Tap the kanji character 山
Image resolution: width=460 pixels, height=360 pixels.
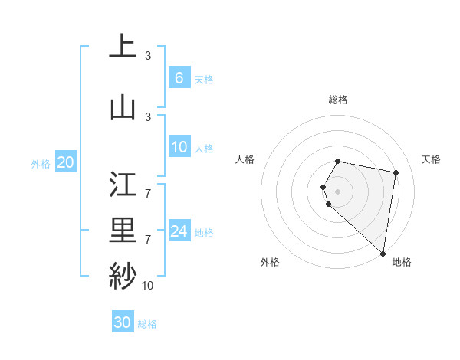pyautogui.click(x=123, y=106)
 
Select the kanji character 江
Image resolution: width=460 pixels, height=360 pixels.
pyautogui.click(x=123, y=183)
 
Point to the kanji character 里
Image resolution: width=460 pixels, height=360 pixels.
pyautogui.click(x=123, y=229)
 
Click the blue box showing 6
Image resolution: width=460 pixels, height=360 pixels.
pyautogui.click(x=179, y=78)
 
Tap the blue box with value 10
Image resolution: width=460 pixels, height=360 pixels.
pyautogui.click(x=179, y=148)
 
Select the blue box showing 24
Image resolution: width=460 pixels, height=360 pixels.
pyautogui.click(x=179, y=231)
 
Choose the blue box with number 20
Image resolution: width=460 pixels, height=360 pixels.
pyautogui.click(x=66, y=162)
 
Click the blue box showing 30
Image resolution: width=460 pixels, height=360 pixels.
pyautogui.click(x=122, y=322)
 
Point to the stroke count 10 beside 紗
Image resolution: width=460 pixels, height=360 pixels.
pyautogui.click(x=147, y=286)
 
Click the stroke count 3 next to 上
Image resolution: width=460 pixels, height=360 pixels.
pyautogui.click(x=148, y=56)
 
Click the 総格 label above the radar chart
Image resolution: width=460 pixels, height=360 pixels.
pyautogui.click(x=338, y=100)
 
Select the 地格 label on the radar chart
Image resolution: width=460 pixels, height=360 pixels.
pyautogui.click(x=402, y=262)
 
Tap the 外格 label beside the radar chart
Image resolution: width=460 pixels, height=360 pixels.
pyautogui.click(x=270, y=262)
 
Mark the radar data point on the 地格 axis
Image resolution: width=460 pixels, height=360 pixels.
pyautogui.click(x=383, y=253)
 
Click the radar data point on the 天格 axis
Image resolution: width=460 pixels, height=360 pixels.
pyautogui.click(x=396, y=172)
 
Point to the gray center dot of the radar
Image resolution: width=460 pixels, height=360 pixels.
pyautogui.click(x=338, y=191)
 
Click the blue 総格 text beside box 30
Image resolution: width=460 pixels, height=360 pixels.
pyautogui.click(x=147, y=324)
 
